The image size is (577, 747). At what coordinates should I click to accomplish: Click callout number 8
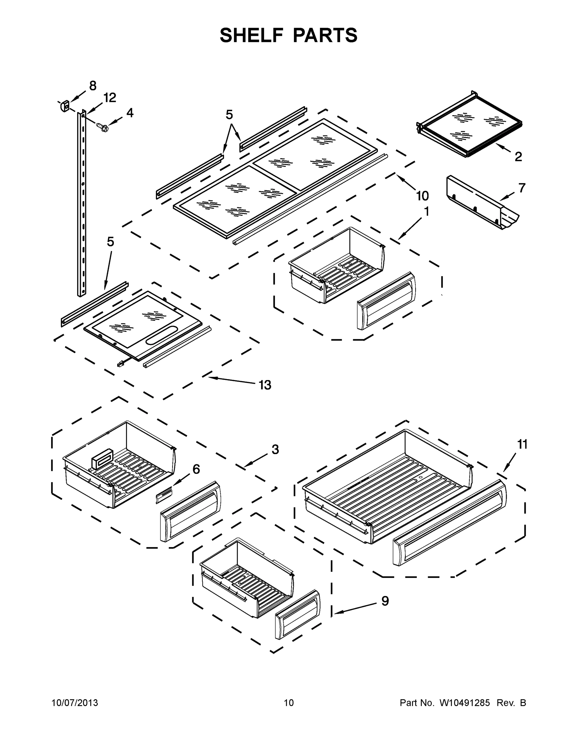[93, 86]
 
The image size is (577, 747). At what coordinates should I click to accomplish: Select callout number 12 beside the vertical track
[110, 98]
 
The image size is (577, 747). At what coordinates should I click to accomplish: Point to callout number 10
[422, 196]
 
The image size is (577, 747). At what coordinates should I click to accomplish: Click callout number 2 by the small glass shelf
[518, 157]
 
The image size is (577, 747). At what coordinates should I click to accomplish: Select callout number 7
[522, 188]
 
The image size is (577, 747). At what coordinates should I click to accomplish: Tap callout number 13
[265, 385]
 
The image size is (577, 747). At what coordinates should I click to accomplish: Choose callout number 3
[275, 449]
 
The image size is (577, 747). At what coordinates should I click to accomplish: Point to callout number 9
[385, 601]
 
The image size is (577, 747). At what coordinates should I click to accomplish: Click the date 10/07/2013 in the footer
[75, 702]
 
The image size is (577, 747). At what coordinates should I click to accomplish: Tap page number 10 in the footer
[289, 702]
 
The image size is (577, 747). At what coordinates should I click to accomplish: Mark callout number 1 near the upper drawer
[426, 212]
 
